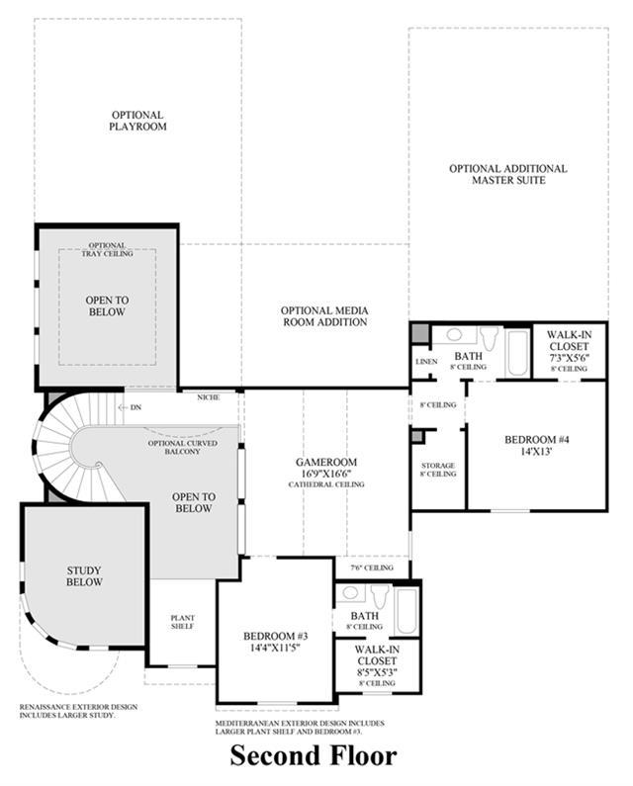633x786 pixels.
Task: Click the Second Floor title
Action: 314,755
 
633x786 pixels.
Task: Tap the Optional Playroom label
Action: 137,121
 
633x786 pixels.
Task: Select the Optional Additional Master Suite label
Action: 508,174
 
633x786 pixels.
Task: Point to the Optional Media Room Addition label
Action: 324,316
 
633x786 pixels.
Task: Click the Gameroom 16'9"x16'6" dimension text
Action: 326,474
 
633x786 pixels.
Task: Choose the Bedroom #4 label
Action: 537,440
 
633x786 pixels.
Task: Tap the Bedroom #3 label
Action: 275,636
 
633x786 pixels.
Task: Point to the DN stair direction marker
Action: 131,407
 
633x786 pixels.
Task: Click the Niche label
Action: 208,397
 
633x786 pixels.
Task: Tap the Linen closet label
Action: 426,362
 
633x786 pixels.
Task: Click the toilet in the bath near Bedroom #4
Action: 489,339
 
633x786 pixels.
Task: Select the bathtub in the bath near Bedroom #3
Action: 407,611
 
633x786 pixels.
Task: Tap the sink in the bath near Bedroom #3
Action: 350,592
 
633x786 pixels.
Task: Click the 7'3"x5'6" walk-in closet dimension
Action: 569,358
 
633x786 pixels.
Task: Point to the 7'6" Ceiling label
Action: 372,568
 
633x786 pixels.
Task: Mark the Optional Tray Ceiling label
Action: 108,249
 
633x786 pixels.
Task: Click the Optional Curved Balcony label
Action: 183,447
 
